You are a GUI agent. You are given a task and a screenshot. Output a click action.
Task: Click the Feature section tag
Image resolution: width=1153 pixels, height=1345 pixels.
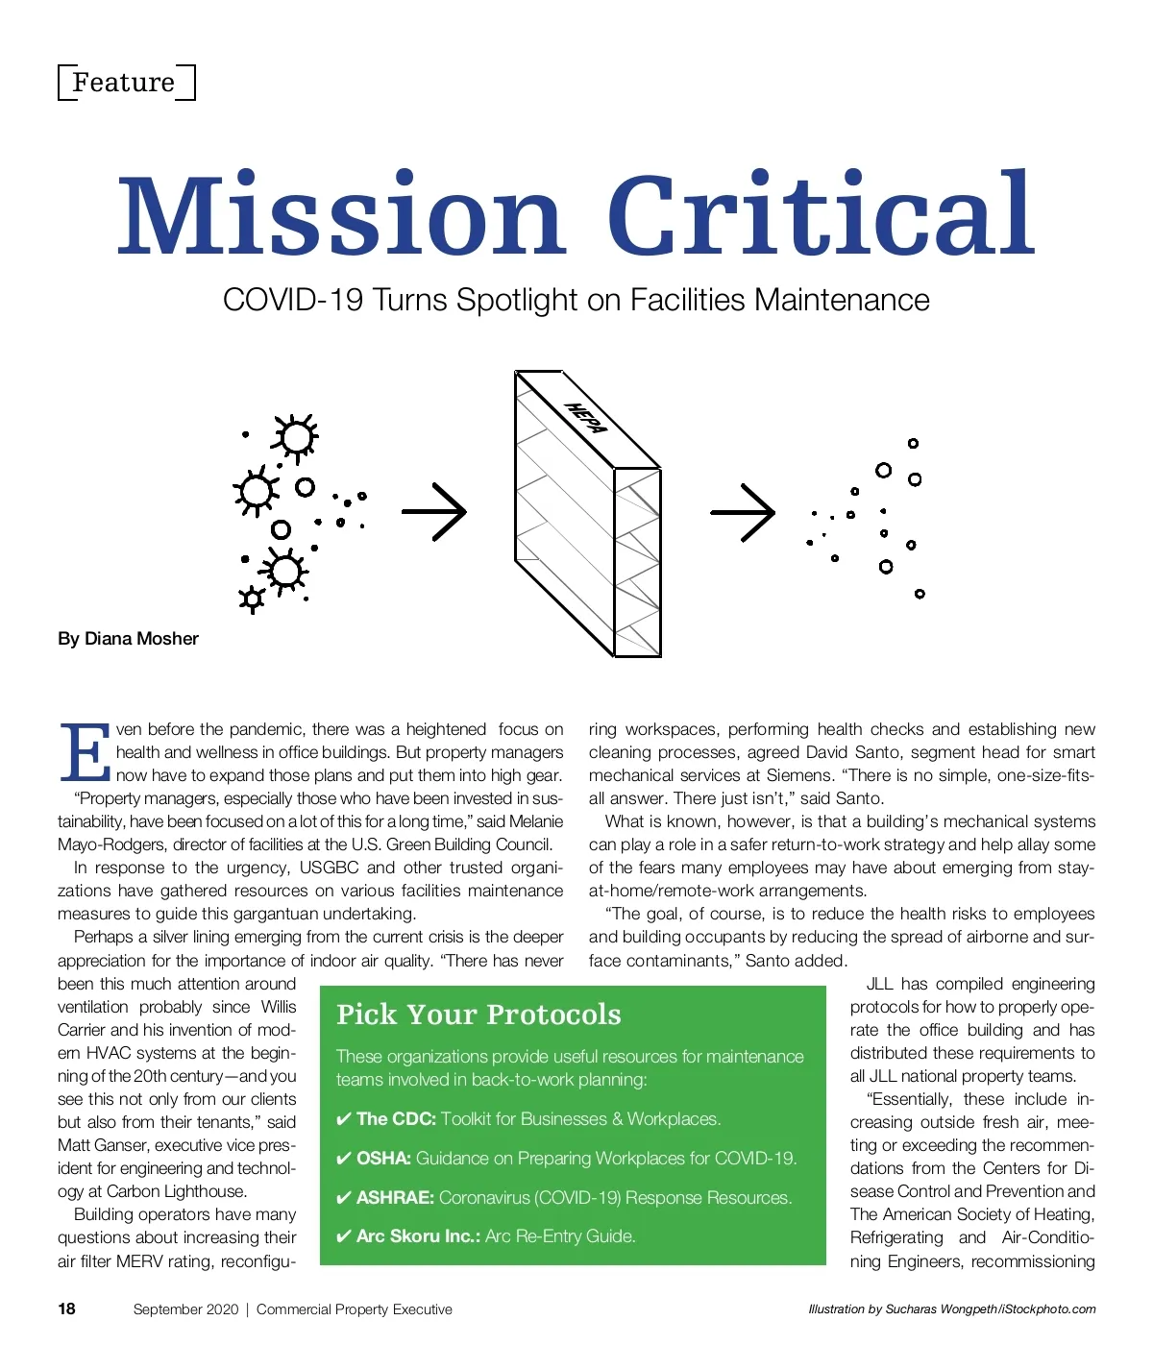click(125, 83)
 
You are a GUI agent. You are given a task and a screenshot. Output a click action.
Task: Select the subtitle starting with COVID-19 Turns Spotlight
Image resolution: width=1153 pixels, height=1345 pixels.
click(576, 301)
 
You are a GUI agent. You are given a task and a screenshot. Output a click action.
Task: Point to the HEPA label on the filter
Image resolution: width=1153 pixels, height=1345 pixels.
click(586, 419)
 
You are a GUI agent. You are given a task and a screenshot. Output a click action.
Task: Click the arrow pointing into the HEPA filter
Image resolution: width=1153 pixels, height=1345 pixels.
click(434, 511)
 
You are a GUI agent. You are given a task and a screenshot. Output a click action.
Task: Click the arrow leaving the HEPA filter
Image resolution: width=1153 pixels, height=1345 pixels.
click(743, 512)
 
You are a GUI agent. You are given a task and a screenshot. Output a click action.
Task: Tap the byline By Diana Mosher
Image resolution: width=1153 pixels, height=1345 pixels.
click(128, 639)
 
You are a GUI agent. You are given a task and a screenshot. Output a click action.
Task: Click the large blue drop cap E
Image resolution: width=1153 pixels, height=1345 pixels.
click(85, 752)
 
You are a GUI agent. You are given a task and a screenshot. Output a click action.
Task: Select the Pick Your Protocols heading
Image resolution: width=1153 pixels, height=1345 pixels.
click(478, 1015)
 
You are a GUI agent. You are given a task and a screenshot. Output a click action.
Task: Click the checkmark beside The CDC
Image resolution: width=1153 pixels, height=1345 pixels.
click(343, 1119)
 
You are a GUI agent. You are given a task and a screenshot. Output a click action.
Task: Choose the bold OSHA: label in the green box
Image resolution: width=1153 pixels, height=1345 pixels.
click(383, 1159)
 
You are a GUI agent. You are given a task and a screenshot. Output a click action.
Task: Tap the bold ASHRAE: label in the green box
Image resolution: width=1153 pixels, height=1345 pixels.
click(395, 1198)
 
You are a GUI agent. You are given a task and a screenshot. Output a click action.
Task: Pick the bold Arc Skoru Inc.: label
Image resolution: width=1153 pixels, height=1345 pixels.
click(418, 1236)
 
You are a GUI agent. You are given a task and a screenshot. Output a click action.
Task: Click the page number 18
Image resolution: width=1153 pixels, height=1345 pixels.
click(66, 1308)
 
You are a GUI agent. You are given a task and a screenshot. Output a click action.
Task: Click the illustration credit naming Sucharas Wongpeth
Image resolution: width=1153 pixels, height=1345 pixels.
click(951, 1309)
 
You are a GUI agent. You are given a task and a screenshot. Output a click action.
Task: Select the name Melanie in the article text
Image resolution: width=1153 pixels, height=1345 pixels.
click(535, 821)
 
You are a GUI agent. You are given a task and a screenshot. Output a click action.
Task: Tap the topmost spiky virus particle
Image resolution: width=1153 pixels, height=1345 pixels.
click(295, 437)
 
